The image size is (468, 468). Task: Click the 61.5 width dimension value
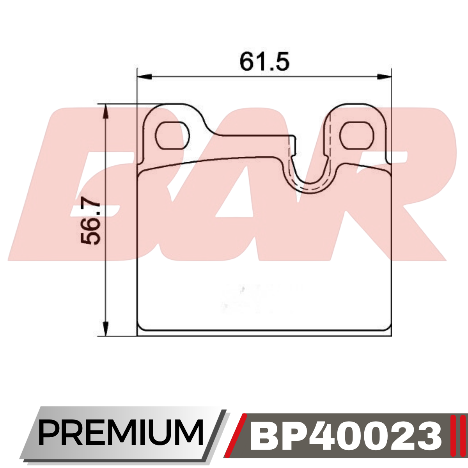pos(264,61)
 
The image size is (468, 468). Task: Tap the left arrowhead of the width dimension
pos(145,77)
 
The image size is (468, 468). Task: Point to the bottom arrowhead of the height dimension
pos(106,329)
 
